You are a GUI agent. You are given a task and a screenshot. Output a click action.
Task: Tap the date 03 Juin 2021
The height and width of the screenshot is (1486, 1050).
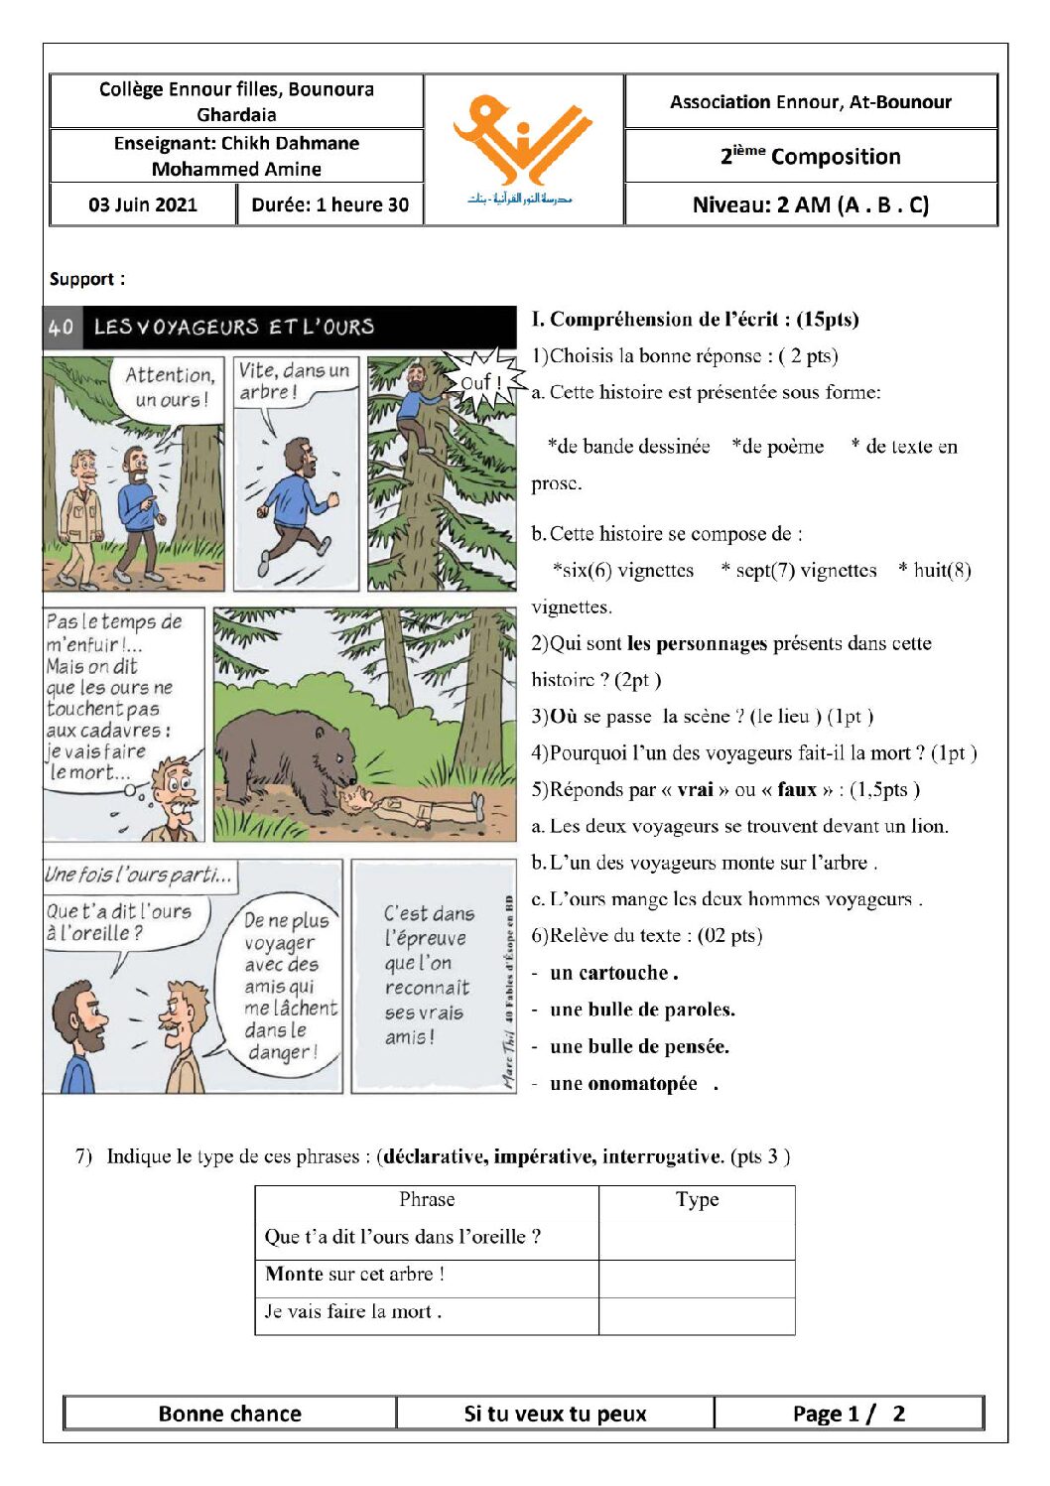click(143, 204)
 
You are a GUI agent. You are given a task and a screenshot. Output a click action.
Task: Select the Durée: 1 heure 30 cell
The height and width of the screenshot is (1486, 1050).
click(330, 204)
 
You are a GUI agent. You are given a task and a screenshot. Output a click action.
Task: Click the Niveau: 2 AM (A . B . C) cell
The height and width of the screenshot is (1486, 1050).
click(811, 204)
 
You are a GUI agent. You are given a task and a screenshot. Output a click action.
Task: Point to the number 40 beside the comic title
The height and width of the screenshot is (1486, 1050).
click(61, 327)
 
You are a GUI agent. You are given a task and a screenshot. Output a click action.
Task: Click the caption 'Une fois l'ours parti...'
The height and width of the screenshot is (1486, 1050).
click(140, 875)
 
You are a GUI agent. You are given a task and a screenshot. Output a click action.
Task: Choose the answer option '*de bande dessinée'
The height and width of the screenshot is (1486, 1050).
click(628, 446)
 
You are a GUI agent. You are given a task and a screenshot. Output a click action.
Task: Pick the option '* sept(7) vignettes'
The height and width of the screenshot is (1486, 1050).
click(799, 570)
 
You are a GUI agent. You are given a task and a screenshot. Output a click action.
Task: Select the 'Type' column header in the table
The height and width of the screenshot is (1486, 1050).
click(697, 1199)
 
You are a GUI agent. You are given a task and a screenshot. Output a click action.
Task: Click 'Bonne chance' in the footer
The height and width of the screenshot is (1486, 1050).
click(230, 1414)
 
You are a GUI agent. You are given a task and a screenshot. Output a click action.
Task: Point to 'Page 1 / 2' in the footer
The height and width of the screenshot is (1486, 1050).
click(849, 1414)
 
